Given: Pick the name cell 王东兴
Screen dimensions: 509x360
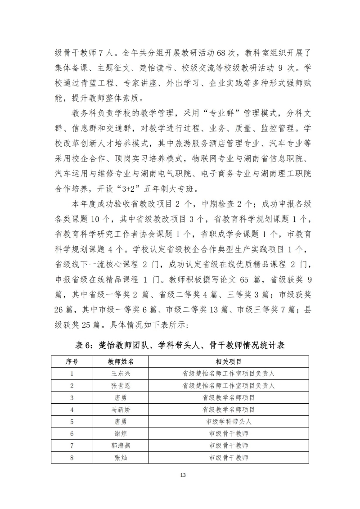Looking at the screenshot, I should coord(121,374).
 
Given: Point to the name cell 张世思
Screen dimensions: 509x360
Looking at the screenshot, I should coord(121,386).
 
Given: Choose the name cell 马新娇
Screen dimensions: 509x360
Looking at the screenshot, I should coord(121,410).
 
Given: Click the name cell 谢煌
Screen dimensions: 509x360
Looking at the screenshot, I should coord(121,433).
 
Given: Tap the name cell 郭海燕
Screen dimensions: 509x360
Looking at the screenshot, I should coord(121,446).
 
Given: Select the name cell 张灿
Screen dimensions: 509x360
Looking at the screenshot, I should coord(121,458).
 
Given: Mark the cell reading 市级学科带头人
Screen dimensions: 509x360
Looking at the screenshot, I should coord(229,422).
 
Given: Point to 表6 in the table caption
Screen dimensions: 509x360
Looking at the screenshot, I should coord(85,346).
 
